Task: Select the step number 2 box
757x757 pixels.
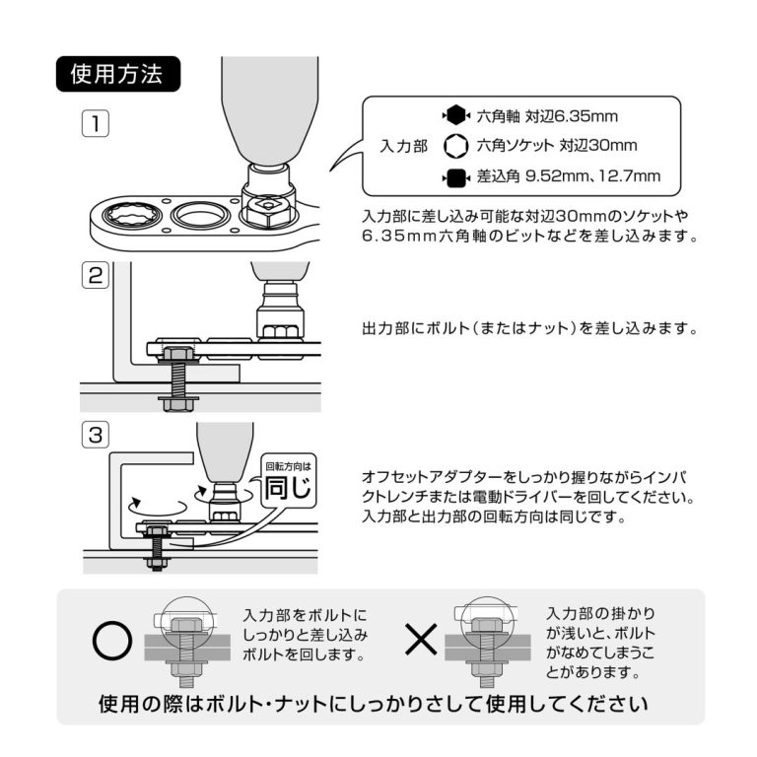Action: coord(95,276)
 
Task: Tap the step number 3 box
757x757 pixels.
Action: coord(95,434)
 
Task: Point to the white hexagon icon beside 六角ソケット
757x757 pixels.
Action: coord(455,146)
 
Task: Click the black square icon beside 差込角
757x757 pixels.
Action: coord(455,177)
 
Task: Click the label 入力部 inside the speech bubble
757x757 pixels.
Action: coord(403,146)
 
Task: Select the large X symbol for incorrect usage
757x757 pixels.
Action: coord(422,643)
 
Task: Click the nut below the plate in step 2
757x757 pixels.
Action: coord(174,401)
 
